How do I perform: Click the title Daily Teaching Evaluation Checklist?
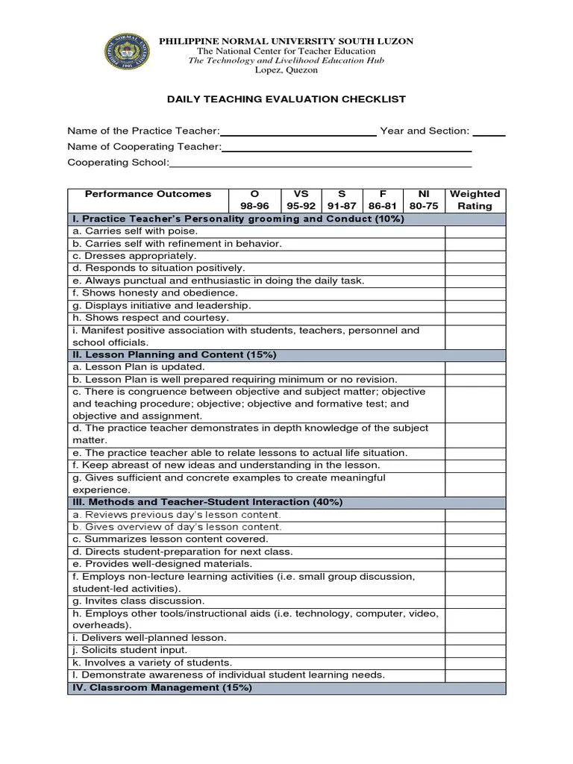[286, 99]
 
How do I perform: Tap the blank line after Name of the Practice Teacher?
[298, 132]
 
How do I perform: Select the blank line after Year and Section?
[489, 132]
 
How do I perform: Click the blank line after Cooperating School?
[320, 163]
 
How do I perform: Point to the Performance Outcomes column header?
[148, 194]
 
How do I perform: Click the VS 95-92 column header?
[301, 200]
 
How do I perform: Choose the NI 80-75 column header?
[424, 200]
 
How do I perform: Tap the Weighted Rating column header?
[475, 200]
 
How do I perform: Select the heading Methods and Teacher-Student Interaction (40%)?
[207, 502]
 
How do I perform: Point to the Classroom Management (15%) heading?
[162, 687]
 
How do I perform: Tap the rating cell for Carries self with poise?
[475, 231]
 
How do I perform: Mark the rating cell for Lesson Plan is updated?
[475, 367]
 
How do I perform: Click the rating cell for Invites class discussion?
[475, 601]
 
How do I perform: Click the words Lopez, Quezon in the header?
[286, 70]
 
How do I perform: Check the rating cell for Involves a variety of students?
[475, 663]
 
